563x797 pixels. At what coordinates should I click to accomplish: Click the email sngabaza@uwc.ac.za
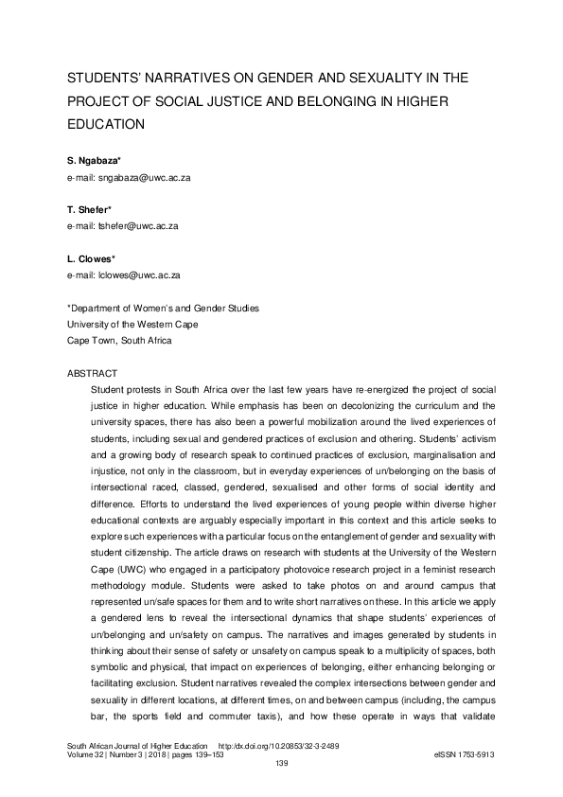pyautogui.click(x=129, y=178)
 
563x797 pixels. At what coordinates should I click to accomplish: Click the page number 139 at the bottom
pyautogui.click(x=281, y=764)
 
